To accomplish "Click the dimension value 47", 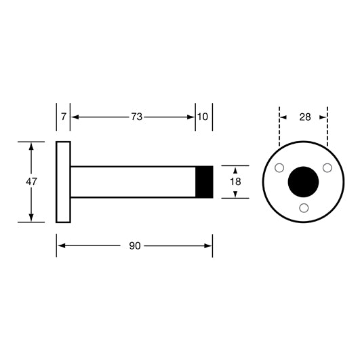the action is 31,182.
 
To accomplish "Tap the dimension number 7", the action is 63,117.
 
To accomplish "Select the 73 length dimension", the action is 136,117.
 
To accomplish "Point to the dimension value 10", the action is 203,117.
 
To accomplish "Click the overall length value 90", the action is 135,246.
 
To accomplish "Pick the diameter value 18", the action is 235,182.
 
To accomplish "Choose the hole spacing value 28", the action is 305,117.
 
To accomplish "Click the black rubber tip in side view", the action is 204,182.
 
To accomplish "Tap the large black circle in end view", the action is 303,182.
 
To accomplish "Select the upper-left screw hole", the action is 279,168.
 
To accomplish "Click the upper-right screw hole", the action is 327,168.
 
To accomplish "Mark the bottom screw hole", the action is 304,208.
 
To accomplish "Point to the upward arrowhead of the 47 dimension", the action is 31,146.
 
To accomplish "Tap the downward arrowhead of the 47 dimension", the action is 31,218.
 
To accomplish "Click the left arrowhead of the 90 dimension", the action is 61,246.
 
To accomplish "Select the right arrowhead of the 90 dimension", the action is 207,246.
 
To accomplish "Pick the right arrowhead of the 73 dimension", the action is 191,117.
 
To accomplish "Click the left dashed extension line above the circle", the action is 279,127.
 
